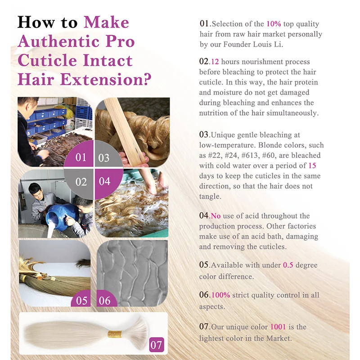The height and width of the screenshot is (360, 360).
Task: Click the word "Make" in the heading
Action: pos(106,22)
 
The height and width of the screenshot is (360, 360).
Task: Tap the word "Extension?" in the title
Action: pos(106,80)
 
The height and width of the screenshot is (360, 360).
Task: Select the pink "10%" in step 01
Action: pos(274,24)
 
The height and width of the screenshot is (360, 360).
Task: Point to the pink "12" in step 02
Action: pos(215,62)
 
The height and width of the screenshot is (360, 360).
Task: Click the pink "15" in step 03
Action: pos(312,166)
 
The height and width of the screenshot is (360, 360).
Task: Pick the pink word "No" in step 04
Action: pos(216,216)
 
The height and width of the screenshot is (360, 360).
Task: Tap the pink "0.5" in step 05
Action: pos(288,265)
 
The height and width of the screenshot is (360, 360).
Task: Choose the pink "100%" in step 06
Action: pos(220,295)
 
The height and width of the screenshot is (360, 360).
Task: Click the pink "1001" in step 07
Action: pos(278,327)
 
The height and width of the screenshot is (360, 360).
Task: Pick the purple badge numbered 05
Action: pos(81,299)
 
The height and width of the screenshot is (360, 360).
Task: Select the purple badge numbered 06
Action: pos(106,299)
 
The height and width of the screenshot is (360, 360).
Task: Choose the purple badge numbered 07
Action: pos(157,345)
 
